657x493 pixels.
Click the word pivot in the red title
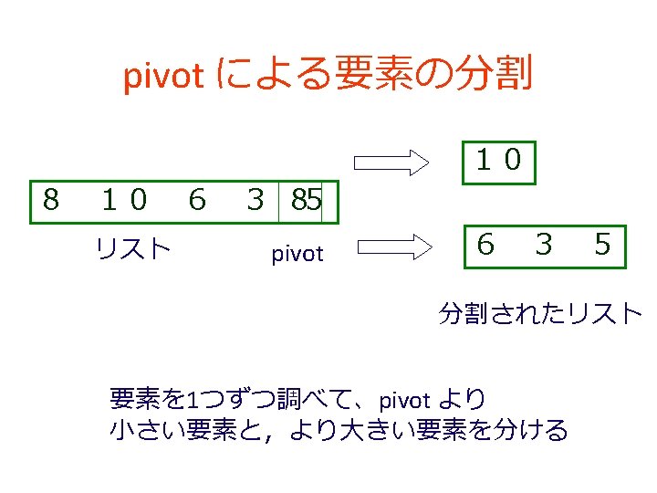pyautogui.click(x=162, y=78)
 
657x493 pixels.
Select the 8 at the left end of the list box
pyautogui.click(x=51, y=199)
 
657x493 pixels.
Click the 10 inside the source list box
pyautogui.click(x=124, y=199)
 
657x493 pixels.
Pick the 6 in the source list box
pyautogui.click(x=196, y=199)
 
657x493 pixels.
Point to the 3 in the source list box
pyautogui.click(x=256, y=199)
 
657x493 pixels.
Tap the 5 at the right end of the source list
pyautogui.click(x=313, y=199)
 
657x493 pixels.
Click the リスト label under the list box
pyautogui.click(x=133, y=247)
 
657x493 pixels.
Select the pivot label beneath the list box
pyautogui.click(x=297, y=254)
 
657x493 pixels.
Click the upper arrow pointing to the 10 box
pyautogui.click(x=391, y=163)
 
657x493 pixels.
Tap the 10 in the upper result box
pyautogui.click(x=498, y=161)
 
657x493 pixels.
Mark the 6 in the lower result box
pyautogui.click(x=485, y=244)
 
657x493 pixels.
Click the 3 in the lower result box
pyautogui.click(x=544, y=244)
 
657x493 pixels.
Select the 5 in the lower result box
pyautogui.click(x=602, y=244)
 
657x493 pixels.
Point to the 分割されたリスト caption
pyautogui.click(x=540, y=314)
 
